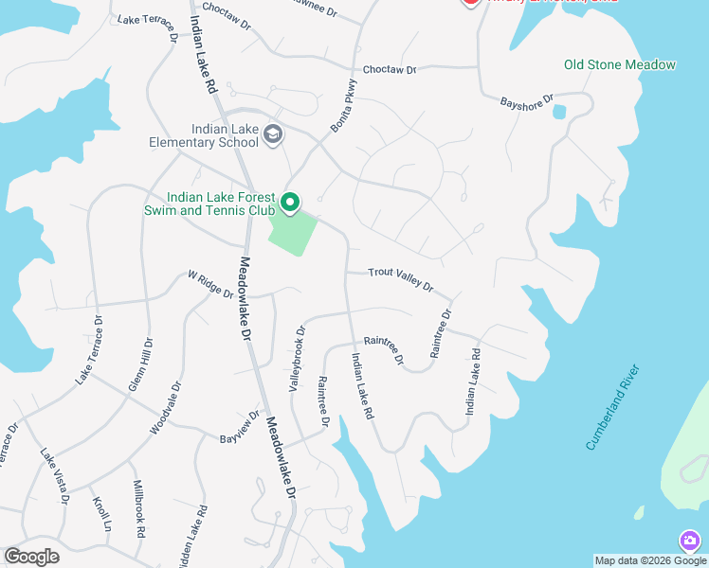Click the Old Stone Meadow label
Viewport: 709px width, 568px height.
pos(620,65)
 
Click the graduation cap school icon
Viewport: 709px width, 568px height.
pos(273,133)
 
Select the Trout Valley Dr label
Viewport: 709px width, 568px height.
pos(401,279)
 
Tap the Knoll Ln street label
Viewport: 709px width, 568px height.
pos(100,512)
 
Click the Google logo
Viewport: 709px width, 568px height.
pos(31,557)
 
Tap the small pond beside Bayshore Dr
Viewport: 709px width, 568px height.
pos(558,112)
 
